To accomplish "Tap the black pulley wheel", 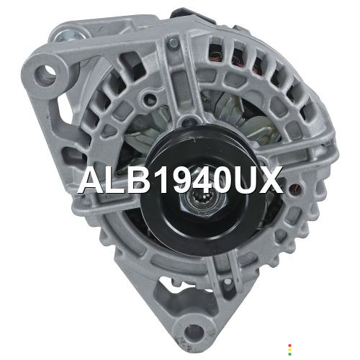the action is [x=204, y=192].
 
